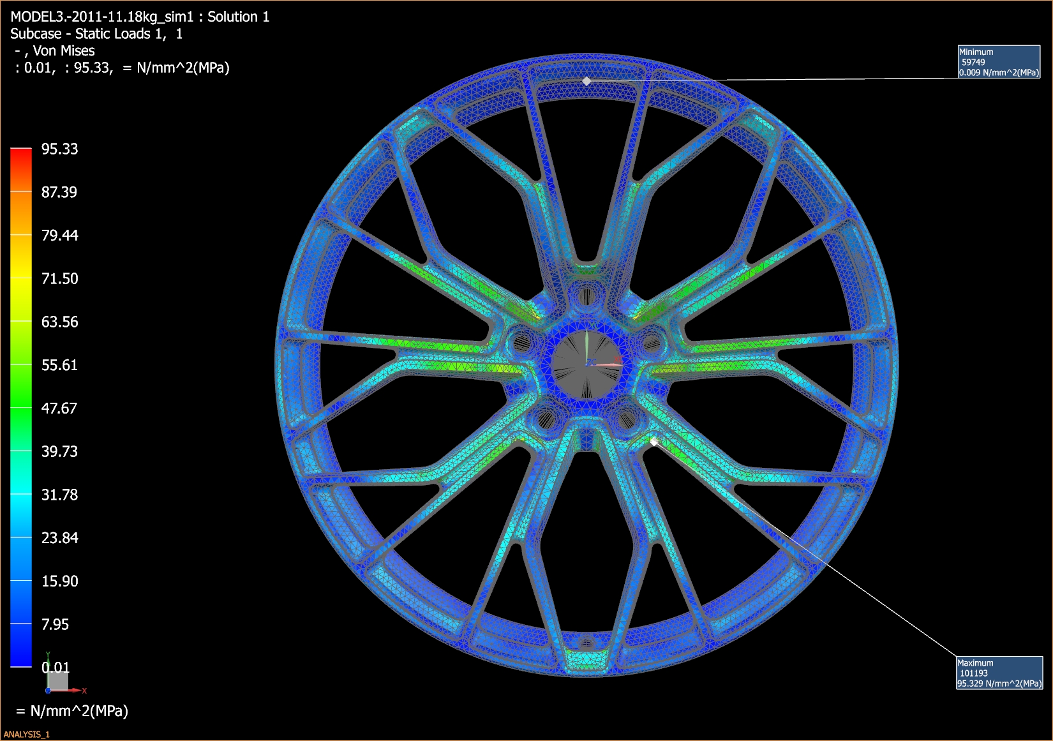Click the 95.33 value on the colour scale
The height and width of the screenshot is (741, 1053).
(59, 149)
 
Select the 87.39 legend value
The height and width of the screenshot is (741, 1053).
(59, 192)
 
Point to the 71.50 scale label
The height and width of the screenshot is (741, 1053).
(59, 279)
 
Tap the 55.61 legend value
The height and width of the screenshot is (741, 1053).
(59, 365)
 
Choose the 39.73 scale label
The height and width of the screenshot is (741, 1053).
(59, 452)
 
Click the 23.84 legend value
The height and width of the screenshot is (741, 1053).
(59, 538)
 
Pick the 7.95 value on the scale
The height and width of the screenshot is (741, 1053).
(55, 625)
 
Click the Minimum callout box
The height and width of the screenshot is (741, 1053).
(999, 62)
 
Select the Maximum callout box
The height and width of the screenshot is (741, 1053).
(999, 673)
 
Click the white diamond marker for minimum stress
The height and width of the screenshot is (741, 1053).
(586, 81)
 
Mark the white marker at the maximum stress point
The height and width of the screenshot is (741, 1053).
(653, 442)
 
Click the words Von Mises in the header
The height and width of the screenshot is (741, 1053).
(64, 51)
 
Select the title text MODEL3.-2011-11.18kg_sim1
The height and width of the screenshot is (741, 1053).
(102, 17)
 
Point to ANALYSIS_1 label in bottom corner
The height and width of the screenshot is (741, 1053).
(27, 734)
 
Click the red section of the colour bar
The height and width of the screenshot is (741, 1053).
(21, 160)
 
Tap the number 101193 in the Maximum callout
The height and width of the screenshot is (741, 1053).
(974, 673)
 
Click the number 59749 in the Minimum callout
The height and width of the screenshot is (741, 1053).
(973, 62)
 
